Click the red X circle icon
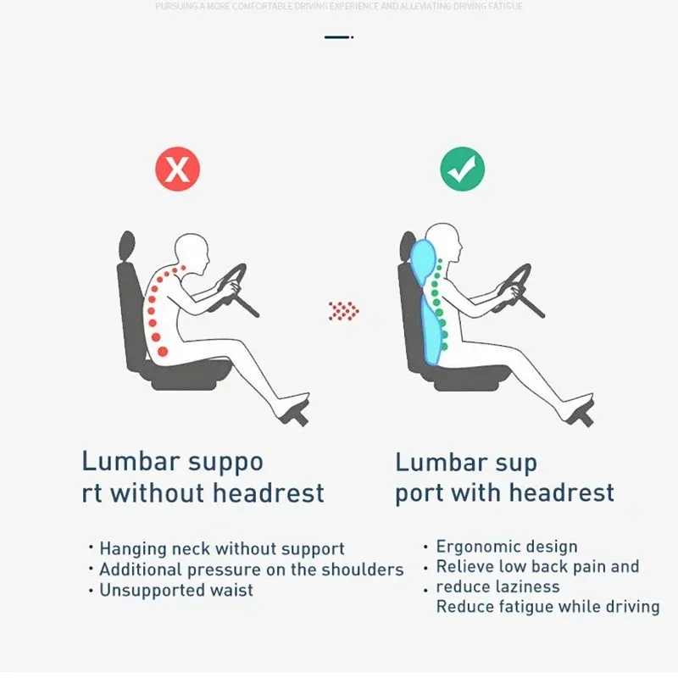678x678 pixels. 177,169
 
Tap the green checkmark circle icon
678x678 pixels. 462,169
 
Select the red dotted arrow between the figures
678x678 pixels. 343,311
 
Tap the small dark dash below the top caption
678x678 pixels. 337,37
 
